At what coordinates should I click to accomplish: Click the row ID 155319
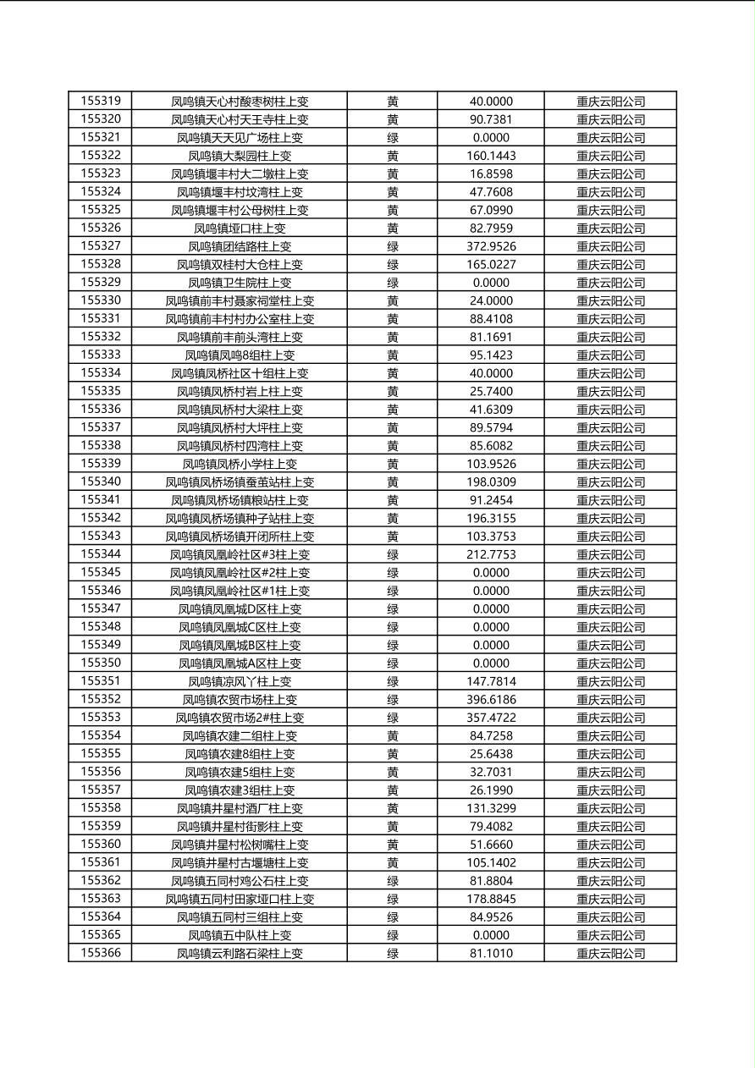[x=101, y=101]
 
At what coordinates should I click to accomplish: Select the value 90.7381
[x=491, y=119]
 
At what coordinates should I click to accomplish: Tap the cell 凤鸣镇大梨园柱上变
[x=240, y=156]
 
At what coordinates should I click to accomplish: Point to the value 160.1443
[x=491, y=156]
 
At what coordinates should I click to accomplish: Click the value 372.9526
[x=491, y=246]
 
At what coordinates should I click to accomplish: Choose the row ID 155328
[x=101, y=264]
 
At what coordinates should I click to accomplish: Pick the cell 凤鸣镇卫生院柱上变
[x=240, y=283]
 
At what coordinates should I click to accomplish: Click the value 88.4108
[x=491, y=319]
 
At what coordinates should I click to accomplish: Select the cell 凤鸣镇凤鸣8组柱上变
[x=240, y=355]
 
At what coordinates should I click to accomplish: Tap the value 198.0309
[x=491, y=482]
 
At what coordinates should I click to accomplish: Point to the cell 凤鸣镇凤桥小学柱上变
[x=240, y=464]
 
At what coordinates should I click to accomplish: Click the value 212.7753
[x=491, y=554]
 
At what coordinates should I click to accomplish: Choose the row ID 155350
[x=101, y=663]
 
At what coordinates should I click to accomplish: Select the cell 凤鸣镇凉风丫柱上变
[x=240, y=681]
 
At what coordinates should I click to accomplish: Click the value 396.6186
[x=491, y=699]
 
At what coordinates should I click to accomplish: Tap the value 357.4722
[x=491, y=718]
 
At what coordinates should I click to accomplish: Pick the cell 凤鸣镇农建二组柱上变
[x=240, y=735]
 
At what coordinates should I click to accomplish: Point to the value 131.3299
[x=491, y=808]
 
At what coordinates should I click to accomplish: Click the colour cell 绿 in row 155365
[x=393, y=935]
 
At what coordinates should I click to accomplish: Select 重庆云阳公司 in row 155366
[x=610, y=954]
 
